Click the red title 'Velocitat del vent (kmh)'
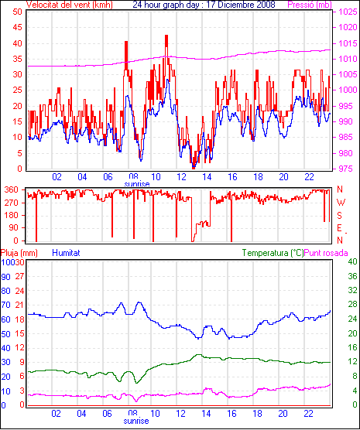(69, 5)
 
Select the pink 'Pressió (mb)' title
(310, 5)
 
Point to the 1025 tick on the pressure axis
(348, 12)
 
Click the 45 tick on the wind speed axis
(17, 27)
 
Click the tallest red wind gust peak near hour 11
(166, 36)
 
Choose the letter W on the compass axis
(341, 203)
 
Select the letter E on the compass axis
(339, 228)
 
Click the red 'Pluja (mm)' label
(19, 253)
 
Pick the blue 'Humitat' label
(66, 253)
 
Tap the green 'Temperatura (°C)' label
(273, 253)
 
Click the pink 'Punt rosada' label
(326, 253)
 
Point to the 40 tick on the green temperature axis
(352, 261)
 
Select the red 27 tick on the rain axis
(20, 276)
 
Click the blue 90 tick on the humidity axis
(5, 277)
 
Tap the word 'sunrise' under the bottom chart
(136, 421)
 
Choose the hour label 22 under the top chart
(309, 177)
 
